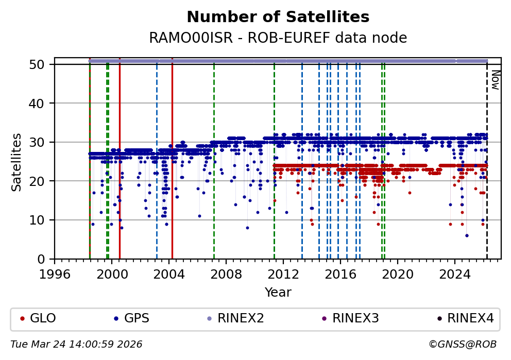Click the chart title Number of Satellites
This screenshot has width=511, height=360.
(x=278, y=17)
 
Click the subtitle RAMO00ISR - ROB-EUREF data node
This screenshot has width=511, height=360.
(x=278, y=38)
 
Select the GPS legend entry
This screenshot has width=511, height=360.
(x=137, y=318)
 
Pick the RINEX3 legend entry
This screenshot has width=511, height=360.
(x=355, y=318)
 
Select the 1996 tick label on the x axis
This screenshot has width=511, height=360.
(x=55, y=273)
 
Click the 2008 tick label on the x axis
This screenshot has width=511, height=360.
(x=226, y=273)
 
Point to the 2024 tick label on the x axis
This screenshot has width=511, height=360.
(x=454, y=273)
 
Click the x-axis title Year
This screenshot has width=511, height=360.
(x=278, y=293)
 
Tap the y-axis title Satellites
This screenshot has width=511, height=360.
(x=17, y=162)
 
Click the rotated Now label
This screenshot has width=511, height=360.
(x=495, y=80)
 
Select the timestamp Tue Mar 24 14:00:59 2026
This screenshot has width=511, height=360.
(x=76, y=344)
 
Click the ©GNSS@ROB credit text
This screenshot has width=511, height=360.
(x=463, y=344)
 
